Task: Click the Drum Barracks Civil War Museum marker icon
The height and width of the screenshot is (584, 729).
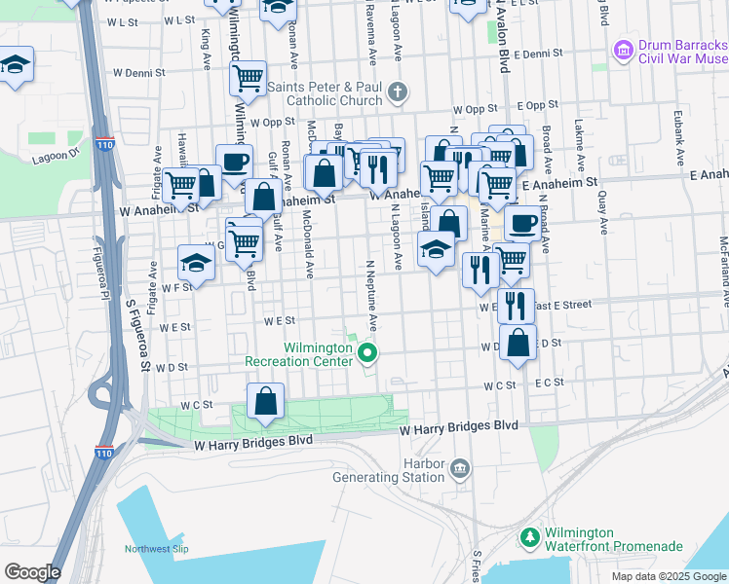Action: (623, 48)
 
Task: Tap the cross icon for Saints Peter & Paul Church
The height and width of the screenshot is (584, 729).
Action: (396, 93)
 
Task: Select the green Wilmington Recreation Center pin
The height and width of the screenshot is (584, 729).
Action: (367, 352)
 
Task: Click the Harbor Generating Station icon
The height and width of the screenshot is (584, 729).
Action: (460, 470)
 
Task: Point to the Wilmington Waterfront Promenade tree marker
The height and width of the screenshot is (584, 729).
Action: (529, 537)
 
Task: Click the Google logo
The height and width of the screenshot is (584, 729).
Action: (32, 572)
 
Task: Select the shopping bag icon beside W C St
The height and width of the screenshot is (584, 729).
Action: (265, 401)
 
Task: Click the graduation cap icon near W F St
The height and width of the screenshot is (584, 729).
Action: (196, 263)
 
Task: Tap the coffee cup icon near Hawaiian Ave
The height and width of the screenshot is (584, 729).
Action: (234, 161)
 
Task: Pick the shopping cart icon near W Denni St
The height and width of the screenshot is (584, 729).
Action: (249, 77)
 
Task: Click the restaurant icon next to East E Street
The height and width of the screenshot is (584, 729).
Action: (516, 305)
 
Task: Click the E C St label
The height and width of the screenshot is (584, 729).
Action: (549, 383)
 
